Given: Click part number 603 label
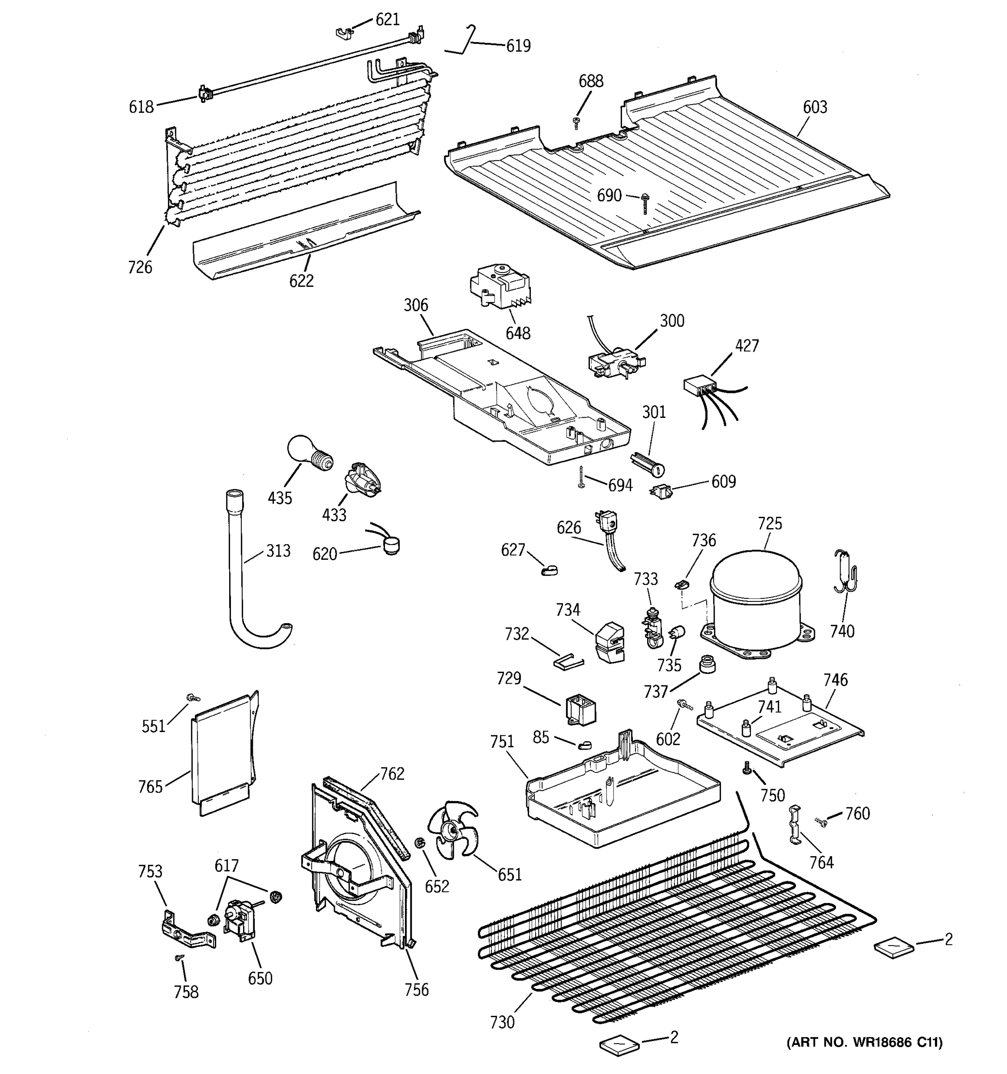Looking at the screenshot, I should tap(815, 107).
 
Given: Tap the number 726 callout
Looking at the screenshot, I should tap(140, 267).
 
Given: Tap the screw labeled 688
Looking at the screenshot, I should tap(576, 122).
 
